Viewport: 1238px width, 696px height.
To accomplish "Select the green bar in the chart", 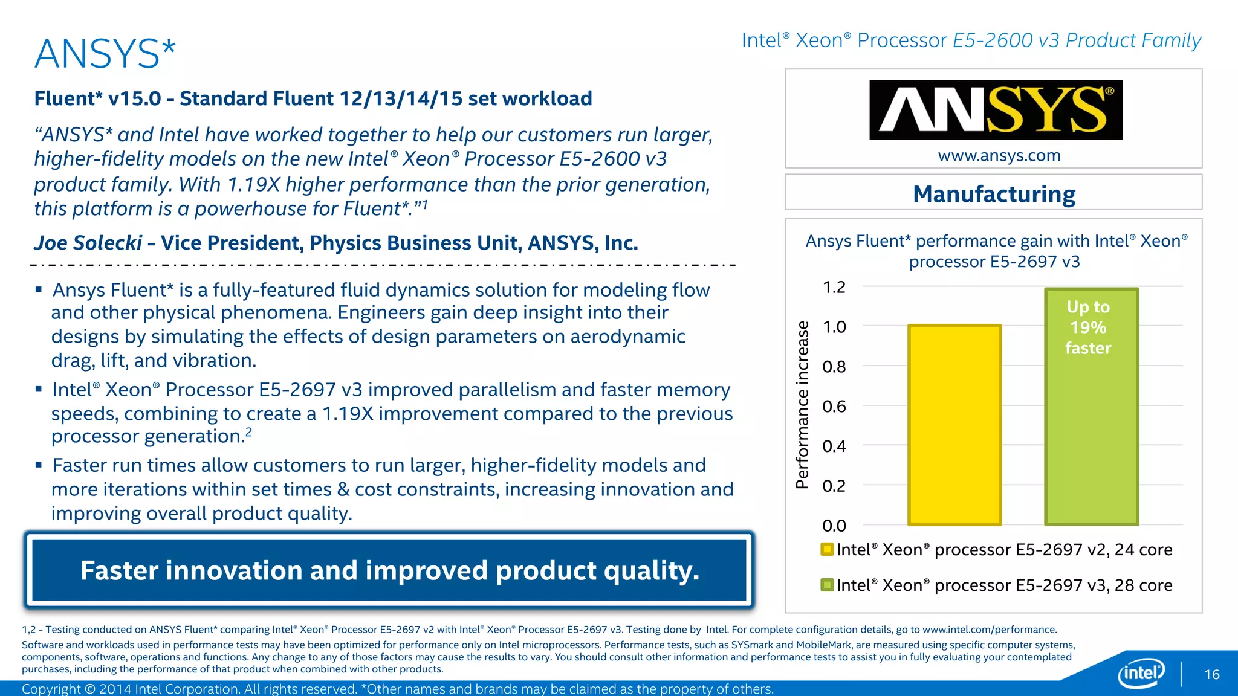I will coord(1091,435).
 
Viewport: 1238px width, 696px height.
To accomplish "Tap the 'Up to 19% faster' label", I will coord(1088,327).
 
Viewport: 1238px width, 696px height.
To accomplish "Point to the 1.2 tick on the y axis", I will coord(834,287).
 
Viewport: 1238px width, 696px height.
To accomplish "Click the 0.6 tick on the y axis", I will coord(834,407).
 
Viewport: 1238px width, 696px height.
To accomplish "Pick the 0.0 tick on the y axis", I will coord(834,526).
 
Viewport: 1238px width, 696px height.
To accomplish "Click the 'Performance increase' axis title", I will coord(802,405).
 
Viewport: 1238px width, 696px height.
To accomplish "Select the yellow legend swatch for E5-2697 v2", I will coord(827,549).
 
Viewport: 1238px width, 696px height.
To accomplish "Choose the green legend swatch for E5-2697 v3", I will coord(827,585).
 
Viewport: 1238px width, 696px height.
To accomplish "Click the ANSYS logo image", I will coord(996,110).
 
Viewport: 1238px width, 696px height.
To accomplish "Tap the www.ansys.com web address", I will coord(999,156).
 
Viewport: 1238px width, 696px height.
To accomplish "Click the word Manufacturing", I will coord(994,195).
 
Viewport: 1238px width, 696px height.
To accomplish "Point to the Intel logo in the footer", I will coord(1141,672).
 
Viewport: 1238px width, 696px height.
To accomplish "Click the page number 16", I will coord(1212,674).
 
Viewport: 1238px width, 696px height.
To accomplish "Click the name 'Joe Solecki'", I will coord(88,243).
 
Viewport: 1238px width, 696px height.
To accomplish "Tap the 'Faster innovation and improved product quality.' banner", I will coord(389,570).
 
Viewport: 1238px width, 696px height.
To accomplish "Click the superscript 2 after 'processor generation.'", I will coord(248,432).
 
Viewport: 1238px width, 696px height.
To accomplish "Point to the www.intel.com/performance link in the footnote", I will coord(989,630).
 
